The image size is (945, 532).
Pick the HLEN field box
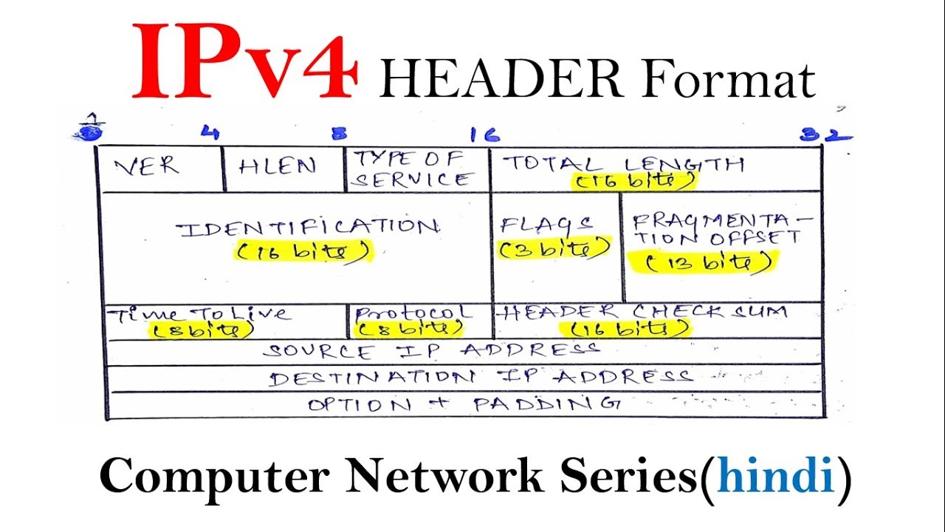click(x=277, y=167)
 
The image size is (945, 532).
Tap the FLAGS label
click(x=547, y=225)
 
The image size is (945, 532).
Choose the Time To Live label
click(x=199, y=313)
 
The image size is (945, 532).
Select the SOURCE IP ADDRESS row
click(x=431, y=351)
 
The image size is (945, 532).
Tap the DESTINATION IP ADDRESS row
click(x=480, y=378)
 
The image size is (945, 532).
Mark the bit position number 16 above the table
click(x=484, y=134)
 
